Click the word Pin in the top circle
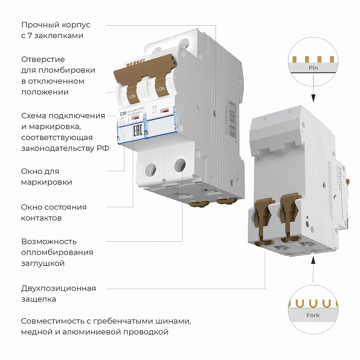point(313,68)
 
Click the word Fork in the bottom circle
point(313,315)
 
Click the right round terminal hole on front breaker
point(179,165)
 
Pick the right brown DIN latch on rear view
point(289,211)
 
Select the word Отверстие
point(43,59)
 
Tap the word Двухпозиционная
point(58,288)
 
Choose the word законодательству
point(57,149)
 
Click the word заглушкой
point(43,263)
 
